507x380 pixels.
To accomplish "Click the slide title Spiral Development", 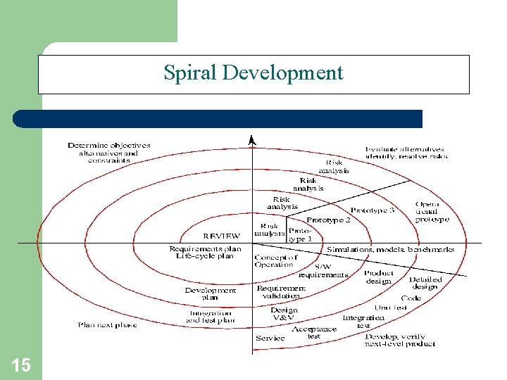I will pos(254,73).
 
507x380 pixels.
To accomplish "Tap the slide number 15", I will pos(21,365).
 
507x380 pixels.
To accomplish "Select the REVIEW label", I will pos(221,236).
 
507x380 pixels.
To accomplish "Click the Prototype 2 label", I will pos(328,220).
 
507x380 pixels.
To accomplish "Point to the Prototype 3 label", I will pos(373,210).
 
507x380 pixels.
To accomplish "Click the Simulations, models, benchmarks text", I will pos(390,249).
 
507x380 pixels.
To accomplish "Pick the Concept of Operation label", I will pos(275,261).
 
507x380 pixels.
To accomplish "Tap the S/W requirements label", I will pos(323,271).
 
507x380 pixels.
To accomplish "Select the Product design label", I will pos(379,277).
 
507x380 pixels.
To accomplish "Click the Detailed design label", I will pos(425,283).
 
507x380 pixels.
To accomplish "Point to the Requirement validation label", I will pos(281,292).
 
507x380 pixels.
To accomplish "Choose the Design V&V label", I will pos(284,314).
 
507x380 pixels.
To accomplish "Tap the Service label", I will pos(270,338).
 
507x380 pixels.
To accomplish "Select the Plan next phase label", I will pos(107,325).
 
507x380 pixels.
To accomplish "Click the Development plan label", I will pos(211,294).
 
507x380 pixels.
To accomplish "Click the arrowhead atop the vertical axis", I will pos(252,141).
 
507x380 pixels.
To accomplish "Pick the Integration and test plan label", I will pos(210,317).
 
